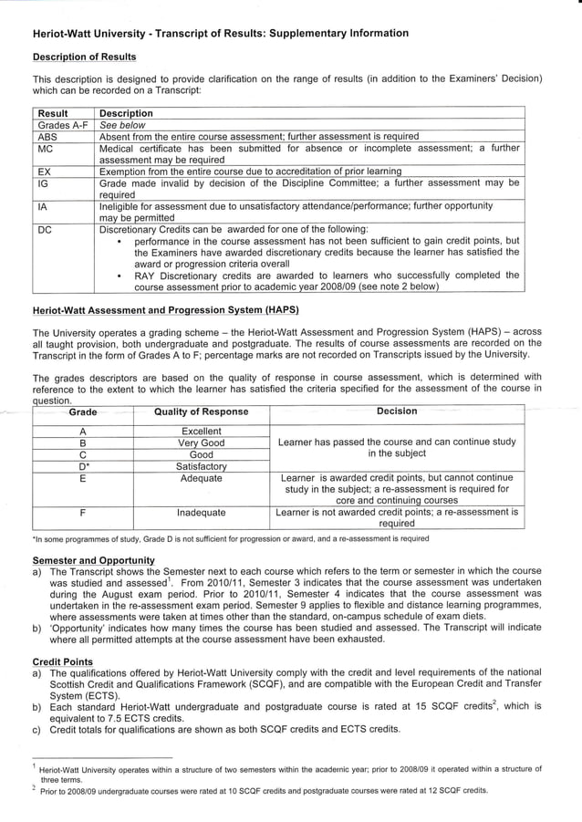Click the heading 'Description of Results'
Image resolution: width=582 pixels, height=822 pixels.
pyautogui.click(x=78, y=57)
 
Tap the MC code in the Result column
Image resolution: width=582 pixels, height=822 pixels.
pyautogui.click(x=46, y=148)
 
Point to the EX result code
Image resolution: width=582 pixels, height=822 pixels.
pyautogui.click(x=45, y=171)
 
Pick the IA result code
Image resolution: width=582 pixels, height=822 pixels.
pyautogui.click(x=43, y=206)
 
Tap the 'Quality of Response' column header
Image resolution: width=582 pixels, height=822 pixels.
pyautogui.click(x=201, y=412)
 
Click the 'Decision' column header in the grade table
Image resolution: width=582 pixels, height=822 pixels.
pyautogui.click(x=397, y=411)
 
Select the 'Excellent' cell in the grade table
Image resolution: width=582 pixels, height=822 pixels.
pyautogui.click(x=201, y=431)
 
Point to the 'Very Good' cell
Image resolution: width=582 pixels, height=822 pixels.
pyautogui.click(x=201, y=442)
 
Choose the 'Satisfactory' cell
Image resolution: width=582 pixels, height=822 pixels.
pyautogui.click(x=201, y=466)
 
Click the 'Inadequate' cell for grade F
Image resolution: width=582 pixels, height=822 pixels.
pyautogui.click(x=201, y=513)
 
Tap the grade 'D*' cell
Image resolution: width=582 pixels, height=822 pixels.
pyautogui.click(x=83, y=466)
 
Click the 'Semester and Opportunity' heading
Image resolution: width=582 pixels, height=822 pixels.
pyautogui.click(x=93, y=559)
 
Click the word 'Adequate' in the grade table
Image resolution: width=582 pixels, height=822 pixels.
pyautogui.click(x=201, y=478)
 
